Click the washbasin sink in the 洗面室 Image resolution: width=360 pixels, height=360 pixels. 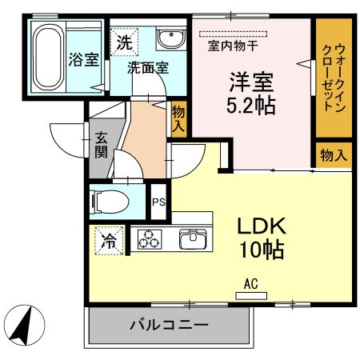pos(169,39)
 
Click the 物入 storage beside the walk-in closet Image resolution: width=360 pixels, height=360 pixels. pos(333,154)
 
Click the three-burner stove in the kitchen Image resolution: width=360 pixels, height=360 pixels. pos(150,239)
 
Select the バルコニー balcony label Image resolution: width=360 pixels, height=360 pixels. pos(169,326)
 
